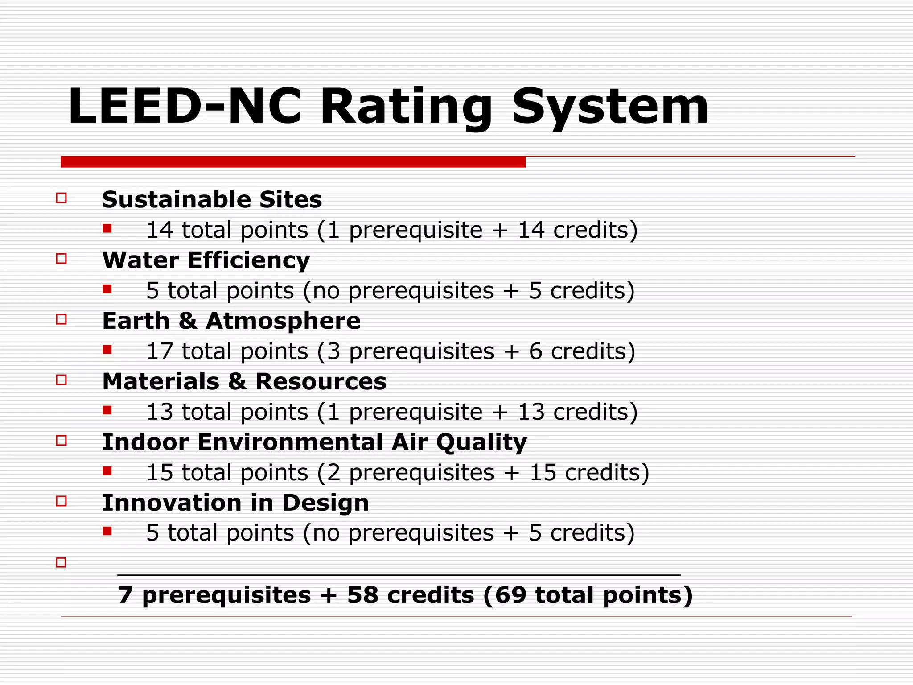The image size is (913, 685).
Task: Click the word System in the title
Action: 610,107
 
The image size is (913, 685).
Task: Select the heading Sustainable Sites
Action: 212,199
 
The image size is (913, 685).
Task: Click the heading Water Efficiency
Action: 206,260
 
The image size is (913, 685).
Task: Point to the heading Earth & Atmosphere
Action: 231,321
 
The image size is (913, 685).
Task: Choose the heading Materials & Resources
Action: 244,381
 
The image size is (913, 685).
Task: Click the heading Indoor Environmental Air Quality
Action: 314,442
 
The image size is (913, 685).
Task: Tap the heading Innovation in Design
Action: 235,503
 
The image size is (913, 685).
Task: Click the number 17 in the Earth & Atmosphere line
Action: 159,351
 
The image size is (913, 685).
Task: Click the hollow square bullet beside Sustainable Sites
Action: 62,198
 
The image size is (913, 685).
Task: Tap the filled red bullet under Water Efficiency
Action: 107,289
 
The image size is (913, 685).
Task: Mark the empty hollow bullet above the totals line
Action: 61,562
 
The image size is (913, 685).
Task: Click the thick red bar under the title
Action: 293,162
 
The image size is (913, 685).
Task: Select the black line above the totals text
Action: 399,575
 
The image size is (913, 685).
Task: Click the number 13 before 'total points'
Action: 159,412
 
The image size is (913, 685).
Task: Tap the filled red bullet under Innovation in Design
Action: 107,531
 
